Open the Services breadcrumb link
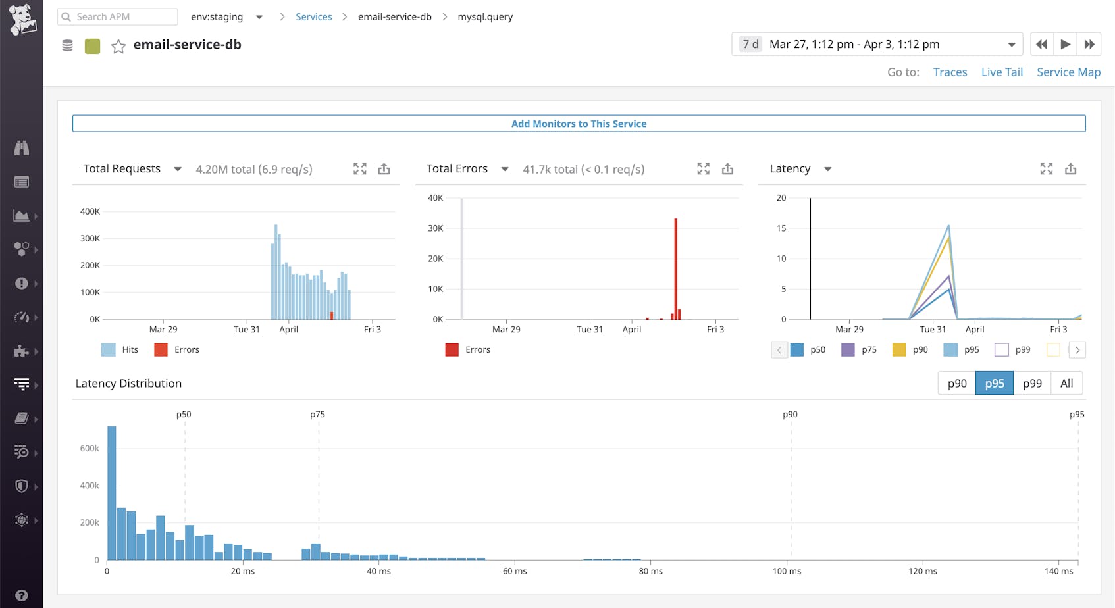click(313, 16)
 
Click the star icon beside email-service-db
click(118, 46)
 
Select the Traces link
click(950, 72)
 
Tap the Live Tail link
click(1002, 72)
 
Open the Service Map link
click(1068, 72)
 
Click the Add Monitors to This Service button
click(579, 124)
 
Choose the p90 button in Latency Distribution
click(956, 383)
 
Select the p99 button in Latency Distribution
click(1032, 383)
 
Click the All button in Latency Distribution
click(1066, 383)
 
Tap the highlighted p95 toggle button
click(994, 383)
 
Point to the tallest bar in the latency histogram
click(112, 494)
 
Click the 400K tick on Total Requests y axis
click(90, 211)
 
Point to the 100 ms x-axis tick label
click(787, 571)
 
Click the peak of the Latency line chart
click(948, 226)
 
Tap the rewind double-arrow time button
click(1041, 44)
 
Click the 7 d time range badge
click(750, 44)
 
